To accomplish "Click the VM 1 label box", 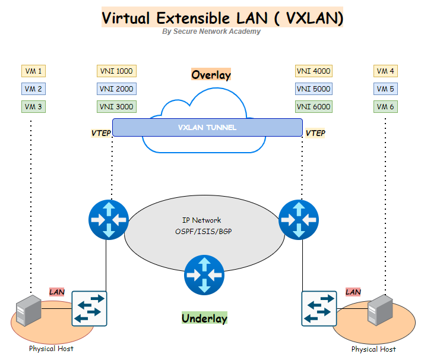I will click(33, 71).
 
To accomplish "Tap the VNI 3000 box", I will click(116, 107).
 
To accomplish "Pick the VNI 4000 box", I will click(313, 71).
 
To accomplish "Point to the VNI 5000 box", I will click(313, 89).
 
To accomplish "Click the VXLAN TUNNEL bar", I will click(207, 127).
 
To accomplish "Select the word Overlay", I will click(211, 75).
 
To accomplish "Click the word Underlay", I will click(204, 318).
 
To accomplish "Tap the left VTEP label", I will click(100, 133).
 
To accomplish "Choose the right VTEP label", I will click(315, 133).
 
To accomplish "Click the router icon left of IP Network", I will click(108, 220).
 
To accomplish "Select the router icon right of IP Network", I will click(298, 220).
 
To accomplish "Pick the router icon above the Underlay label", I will click(204, 275).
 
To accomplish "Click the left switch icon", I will click(90, 308).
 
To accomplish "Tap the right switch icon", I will click(319, 308).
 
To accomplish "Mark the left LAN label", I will click(56, 292).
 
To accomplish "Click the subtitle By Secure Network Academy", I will click(211, 31).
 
